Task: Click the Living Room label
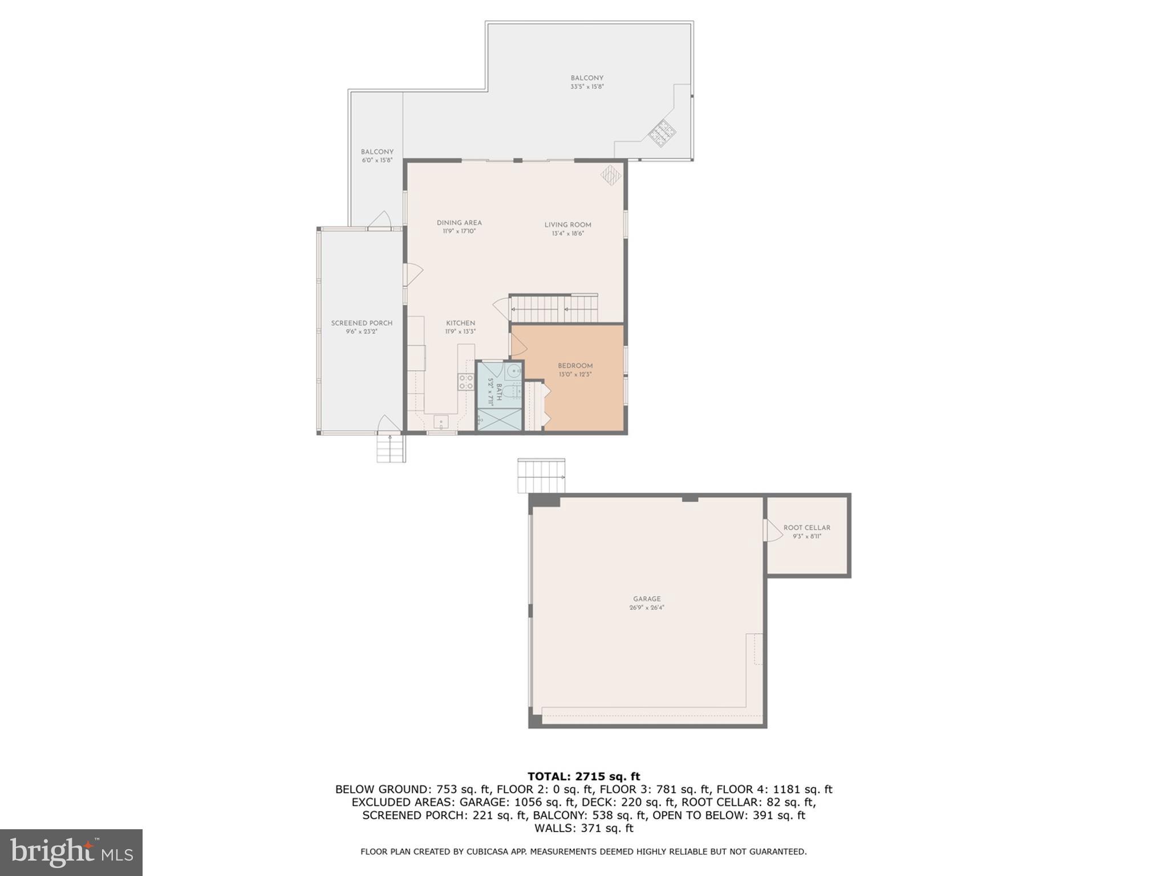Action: [567, 225]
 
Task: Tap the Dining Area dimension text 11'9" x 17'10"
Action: [459, 232]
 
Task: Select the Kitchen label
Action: [460, 323]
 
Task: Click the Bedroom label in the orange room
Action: [575, 366]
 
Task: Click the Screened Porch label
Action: [362, 323]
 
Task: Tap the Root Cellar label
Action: [806, 528]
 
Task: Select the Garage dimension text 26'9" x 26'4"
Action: [647, 607]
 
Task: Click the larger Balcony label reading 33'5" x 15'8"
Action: [587, 78]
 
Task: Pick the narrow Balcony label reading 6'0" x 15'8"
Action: [377, 152]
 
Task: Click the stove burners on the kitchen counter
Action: [466, 382]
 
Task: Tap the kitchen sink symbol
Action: [441, 423]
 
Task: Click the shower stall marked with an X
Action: [499, 420]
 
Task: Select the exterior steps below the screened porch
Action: [391, 449]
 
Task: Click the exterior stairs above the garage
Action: [541, 476]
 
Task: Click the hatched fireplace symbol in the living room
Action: [610, 175]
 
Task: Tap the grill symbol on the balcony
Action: [662, 133]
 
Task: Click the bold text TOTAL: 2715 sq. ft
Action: [583, 776]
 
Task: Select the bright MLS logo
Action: [71, 852]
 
